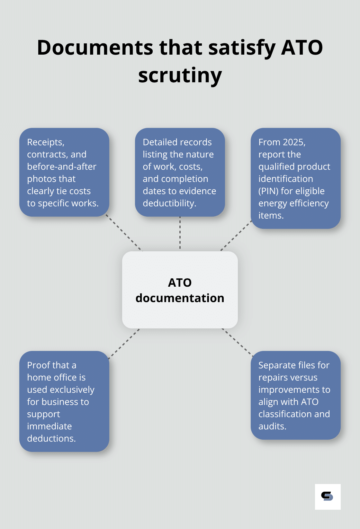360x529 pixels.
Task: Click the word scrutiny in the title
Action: point(180,76)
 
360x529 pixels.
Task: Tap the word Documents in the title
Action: point(95,48)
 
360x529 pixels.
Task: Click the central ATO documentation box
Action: point(180,290)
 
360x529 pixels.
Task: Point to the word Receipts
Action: point(45,142)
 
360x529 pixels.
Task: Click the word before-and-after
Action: point(62,166)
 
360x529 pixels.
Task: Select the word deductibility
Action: point(169,203)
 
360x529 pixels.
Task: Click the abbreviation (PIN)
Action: point(268,191)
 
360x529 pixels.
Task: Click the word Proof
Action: point(39,365)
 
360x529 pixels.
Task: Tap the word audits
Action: point(272,426)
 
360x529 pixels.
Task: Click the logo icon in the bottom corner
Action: point(328,497)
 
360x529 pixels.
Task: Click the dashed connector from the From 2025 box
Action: point(236,235)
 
